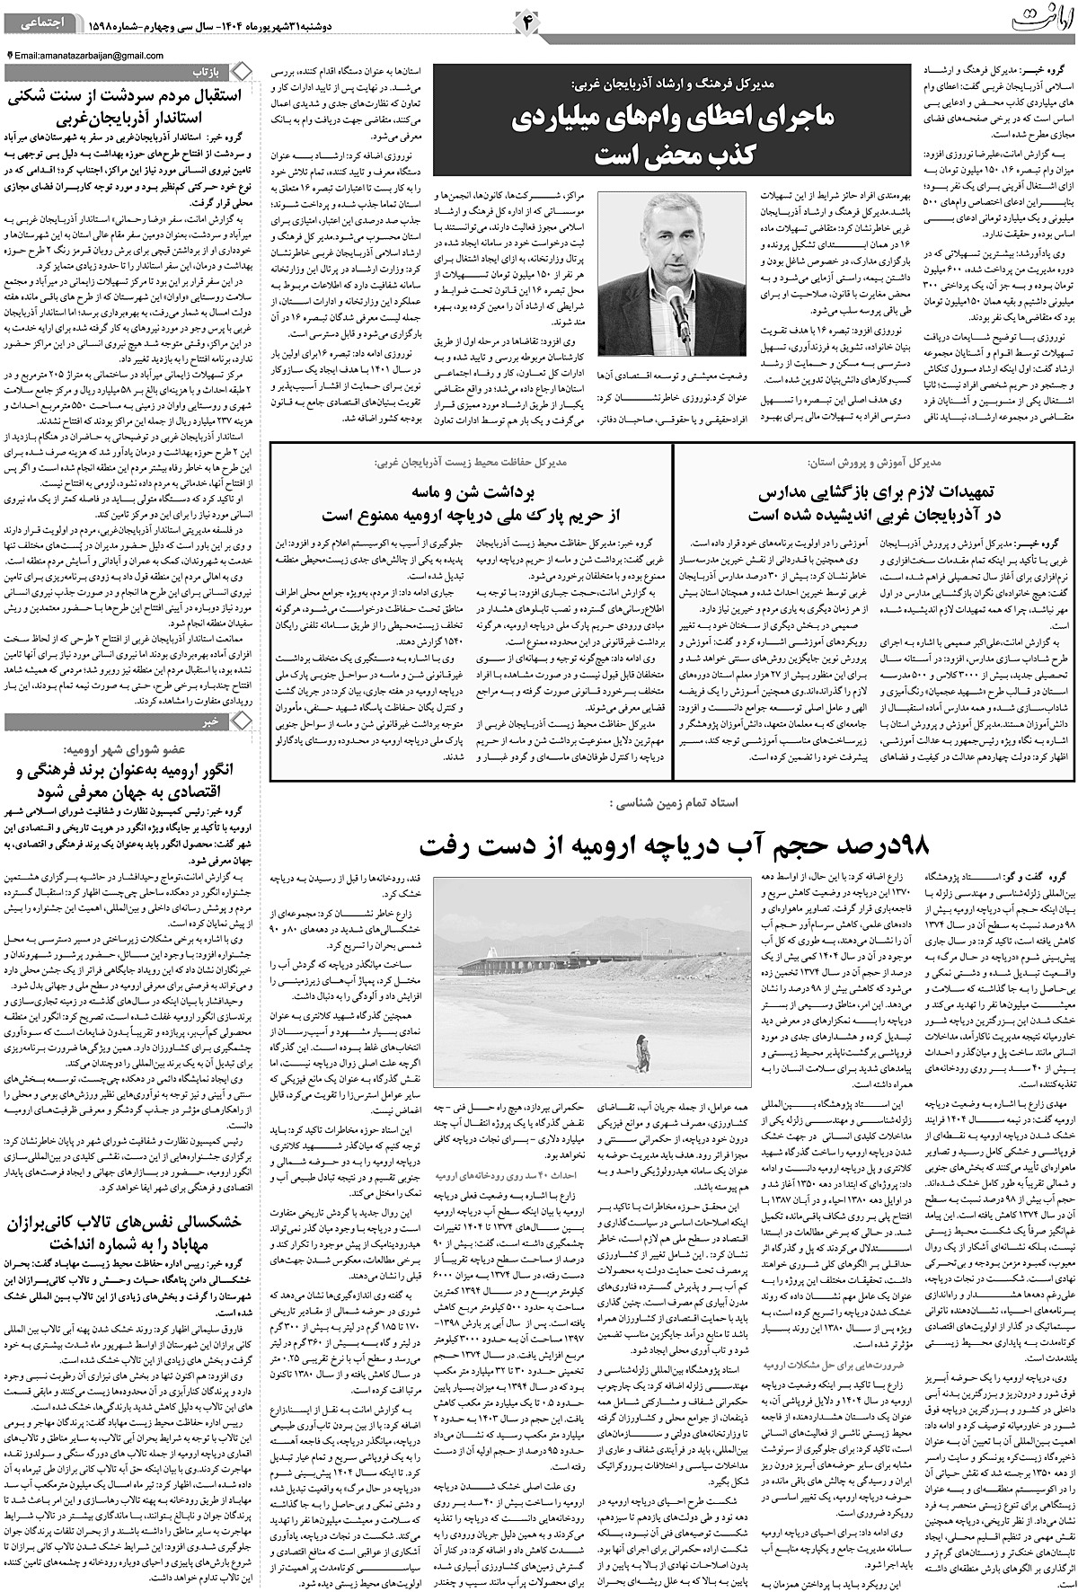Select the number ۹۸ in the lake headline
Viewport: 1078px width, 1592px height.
point(915,845)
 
